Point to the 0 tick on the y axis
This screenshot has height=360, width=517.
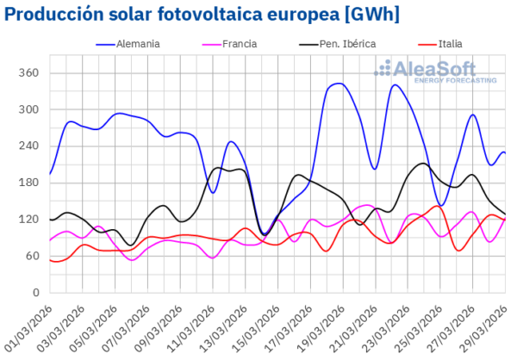coord(35,293)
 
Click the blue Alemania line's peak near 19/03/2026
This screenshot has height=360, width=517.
coord(337,84)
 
